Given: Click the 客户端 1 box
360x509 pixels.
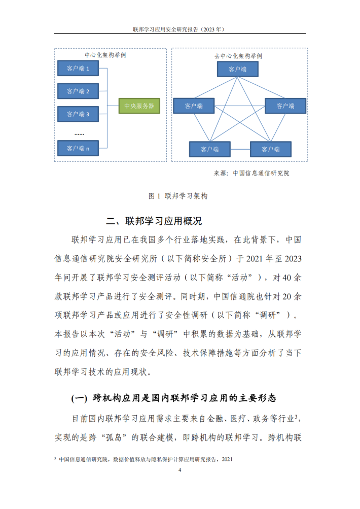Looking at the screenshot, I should [78, 68].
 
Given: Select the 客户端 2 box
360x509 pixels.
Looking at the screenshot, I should [78, 91].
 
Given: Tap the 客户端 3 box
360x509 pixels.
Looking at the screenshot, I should [78, 115].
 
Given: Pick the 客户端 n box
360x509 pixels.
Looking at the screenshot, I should [78, 148].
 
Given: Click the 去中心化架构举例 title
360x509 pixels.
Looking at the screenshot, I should [238, 55].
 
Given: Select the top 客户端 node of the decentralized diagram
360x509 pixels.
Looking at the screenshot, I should [237, 70].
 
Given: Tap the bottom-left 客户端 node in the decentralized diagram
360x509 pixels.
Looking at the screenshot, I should [209, 149].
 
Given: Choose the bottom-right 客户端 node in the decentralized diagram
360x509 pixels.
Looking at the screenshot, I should [271, 149].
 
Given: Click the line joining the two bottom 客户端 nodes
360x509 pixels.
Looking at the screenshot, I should [240, 149].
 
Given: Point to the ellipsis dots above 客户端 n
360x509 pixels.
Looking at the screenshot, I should [79, 133].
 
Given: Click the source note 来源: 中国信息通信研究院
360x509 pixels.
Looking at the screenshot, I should [252, 173].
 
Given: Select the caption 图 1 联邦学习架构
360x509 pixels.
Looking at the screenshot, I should [178, 195].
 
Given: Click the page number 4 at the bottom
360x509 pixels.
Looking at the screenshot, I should [180, 470].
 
